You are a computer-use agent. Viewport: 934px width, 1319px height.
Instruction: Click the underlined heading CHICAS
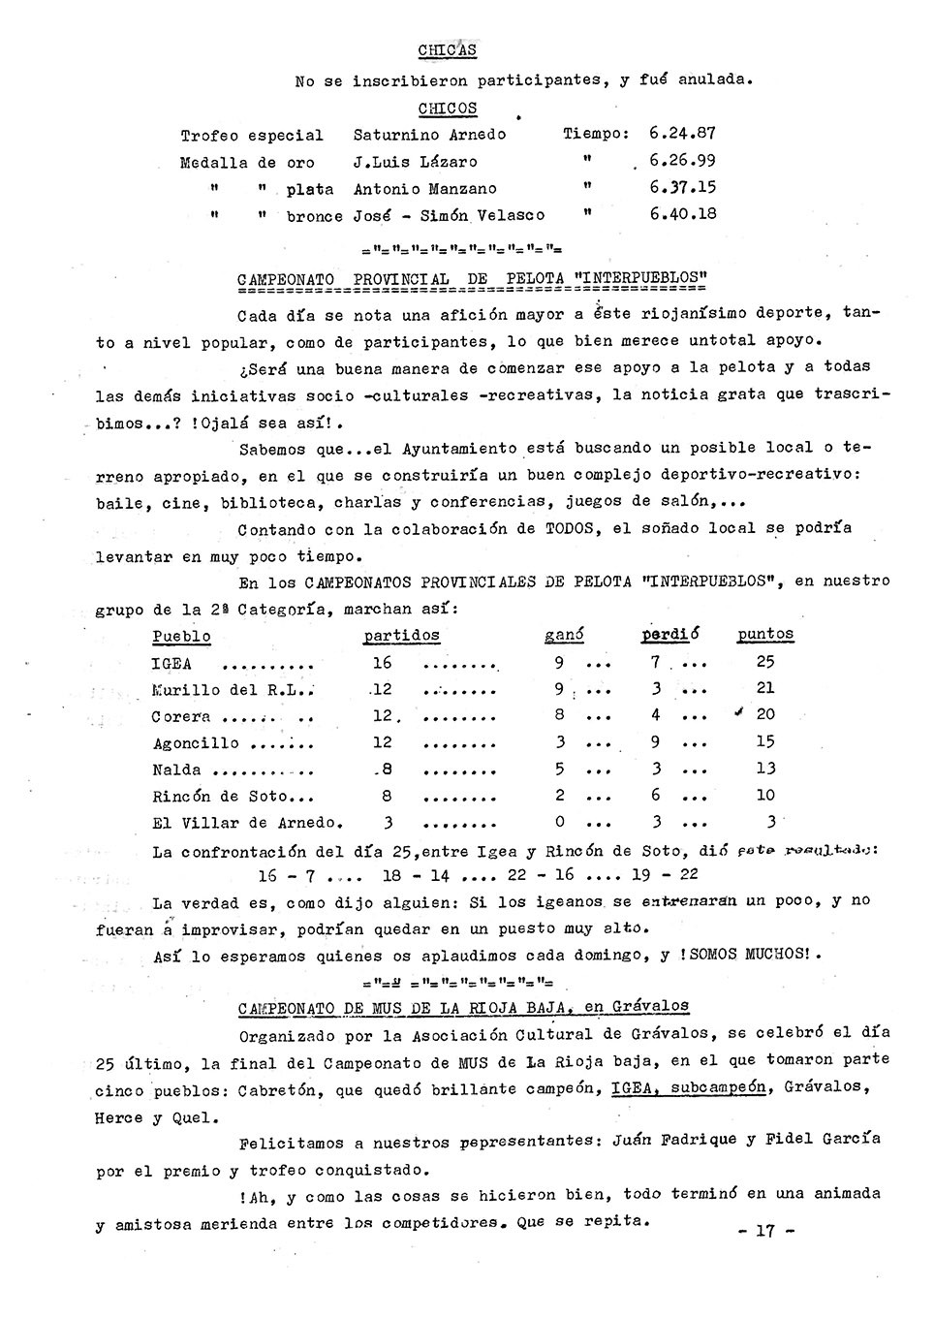click(447, 50)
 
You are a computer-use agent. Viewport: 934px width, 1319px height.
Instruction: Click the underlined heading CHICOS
click(448, 109)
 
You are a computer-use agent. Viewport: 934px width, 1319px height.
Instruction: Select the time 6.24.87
click(682, 134)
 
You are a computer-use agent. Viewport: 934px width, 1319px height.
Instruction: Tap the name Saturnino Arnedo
click(429, 135)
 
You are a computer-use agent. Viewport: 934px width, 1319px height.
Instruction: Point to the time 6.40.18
click(683, 213)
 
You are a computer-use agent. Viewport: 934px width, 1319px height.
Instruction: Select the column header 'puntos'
click(765, 635)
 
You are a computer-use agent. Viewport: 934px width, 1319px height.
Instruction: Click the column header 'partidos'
click(401, 636)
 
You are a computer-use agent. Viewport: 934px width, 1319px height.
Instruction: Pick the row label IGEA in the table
click(171, 664)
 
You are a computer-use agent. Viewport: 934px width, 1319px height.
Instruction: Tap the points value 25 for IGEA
click(765, 662)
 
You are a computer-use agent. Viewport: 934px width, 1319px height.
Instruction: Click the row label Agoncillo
click(196, 743)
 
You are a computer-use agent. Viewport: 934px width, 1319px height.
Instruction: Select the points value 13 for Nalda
click(765, 769)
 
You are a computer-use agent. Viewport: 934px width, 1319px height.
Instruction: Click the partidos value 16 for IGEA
click(382, 662)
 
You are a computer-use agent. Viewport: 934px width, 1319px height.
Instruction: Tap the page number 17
click(765, 1231)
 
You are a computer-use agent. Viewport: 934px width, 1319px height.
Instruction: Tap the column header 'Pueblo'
click(181, 637)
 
